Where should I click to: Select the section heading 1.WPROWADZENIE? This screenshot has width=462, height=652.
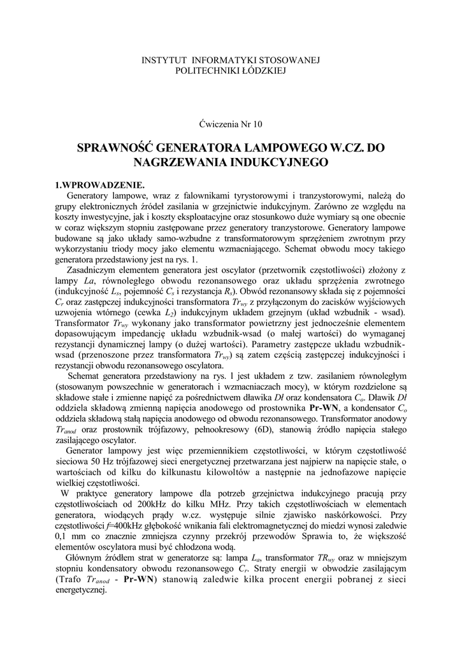click(96, 185)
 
